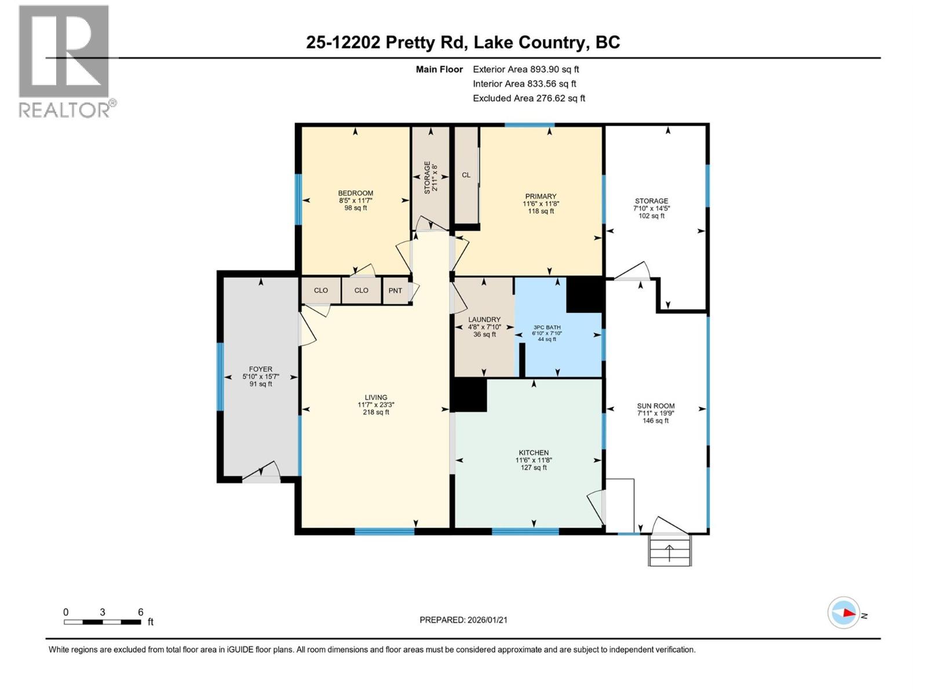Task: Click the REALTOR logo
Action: pyautogui.click(x=65, y=61)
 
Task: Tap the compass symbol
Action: pyautogui.click(x=844, y=613)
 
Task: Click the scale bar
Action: pyautogui.click(x=103, y=621)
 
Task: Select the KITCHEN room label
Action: pyautogui.click(x=534, y=453)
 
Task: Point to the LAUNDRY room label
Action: pyautogui.click(x=484, y=320)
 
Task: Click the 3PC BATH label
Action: pyautogui.click(x=547, y=327)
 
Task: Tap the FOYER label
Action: pyautogui.click(x=261, y=369)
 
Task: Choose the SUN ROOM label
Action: pyautogui.click(x=655, y=406)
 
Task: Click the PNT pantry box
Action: pyautogui.click(x=395, y=291)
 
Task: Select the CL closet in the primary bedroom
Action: pyautogui.click(x=466, y=175)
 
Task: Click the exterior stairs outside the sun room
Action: pyautogui.click(x=670, y=550)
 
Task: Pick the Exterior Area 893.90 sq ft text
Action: pyautogui.click(x=525, y=69)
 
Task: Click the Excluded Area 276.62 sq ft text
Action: pyautogui.click(x=528, y=98)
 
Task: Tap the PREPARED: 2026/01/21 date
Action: pyautogui.click(x=463, y=620)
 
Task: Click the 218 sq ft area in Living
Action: pyautogui.click(x=376, y=412)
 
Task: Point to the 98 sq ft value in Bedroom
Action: pyautogui.click(x=356, y=208)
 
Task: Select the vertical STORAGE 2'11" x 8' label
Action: pyautogui.click(x=430, y=177)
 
